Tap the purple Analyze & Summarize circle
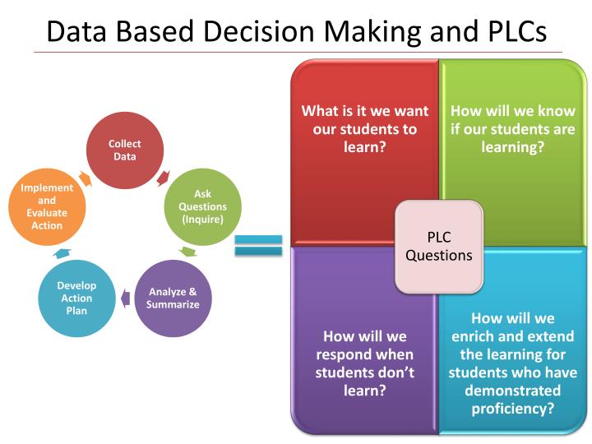point(173,298)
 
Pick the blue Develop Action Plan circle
point(76,298)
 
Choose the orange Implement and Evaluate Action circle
point(47,206)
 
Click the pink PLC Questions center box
point(439,247)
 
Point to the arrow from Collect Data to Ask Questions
point(164,178)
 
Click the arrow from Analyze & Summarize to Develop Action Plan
point(124,298)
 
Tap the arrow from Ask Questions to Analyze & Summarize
point(188,251)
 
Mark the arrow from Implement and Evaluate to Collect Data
point(85,178)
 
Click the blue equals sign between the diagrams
point(258,245)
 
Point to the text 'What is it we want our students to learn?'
point(365,129)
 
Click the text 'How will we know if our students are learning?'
point(513,129)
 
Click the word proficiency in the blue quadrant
point(513,409)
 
